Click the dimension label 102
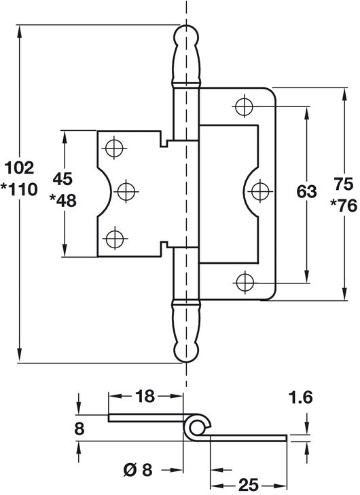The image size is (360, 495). point(20,167)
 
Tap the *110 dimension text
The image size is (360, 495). point(19,190)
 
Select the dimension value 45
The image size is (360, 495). point(63,179)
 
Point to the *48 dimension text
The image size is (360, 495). point(63,201)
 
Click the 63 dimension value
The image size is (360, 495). point(306,192)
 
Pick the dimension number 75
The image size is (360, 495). point(344,184)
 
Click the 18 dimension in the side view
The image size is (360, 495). point(145,396)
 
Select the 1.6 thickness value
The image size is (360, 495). point(300,397)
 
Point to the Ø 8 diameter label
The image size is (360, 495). point(138,471)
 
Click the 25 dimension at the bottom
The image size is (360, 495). point(249,485)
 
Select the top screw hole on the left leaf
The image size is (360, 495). point(114,148)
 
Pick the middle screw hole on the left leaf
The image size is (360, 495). point(126,191)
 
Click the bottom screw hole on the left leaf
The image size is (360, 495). point(115,239)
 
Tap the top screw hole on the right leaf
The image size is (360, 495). point(245,106)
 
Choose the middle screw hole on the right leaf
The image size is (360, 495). point(260,191)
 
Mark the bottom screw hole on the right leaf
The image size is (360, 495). point(245,283)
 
